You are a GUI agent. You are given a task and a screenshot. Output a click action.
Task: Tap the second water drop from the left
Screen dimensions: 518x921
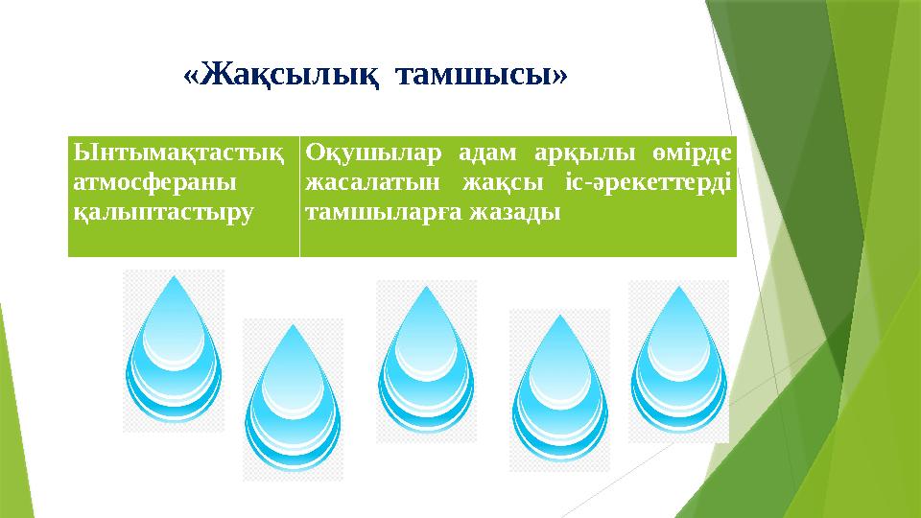(x=293, y=403)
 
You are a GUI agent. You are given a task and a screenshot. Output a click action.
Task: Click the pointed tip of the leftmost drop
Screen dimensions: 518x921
(x=174, y=279)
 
